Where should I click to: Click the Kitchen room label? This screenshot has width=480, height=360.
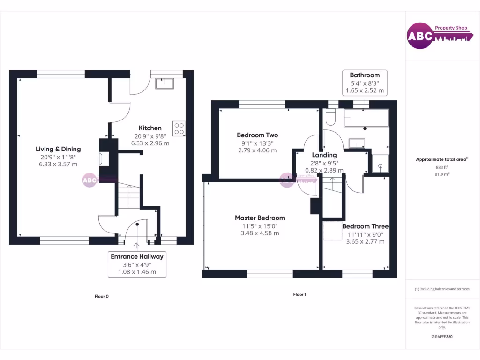150,128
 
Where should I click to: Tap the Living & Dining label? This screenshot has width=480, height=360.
58,149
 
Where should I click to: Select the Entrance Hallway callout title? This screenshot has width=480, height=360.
137,256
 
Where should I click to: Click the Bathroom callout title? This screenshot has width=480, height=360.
365,75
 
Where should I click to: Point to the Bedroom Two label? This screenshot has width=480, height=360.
257,135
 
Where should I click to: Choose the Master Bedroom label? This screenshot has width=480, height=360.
260,217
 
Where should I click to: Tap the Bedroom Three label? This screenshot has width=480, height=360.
365,226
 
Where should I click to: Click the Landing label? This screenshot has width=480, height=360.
324,155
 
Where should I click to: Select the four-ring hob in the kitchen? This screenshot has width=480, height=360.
179,128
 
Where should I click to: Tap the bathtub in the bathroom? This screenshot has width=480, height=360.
366,118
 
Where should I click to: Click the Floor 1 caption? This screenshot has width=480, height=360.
300,294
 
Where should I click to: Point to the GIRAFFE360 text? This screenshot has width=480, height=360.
442,336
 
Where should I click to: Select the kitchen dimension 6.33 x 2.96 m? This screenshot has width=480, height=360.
150,143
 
